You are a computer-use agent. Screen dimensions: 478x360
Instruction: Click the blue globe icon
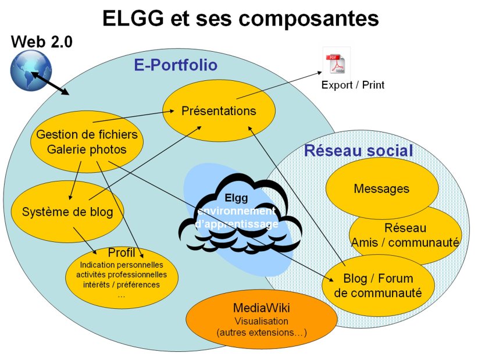(x=31, y=70)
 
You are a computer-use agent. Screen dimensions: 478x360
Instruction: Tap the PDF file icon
(x=336, y=63)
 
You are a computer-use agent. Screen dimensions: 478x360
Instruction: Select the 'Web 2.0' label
(x=42, y=42)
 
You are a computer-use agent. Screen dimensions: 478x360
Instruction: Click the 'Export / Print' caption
(x=353, y=85)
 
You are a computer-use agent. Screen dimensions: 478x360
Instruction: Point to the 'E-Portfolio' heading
(x=176, y=65)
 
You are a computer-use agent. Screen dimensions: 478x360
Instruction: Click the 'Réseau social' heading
(x=358, y=151)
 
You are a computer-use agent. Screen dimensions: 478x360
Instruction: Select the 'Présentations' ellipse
(x=219, y=111)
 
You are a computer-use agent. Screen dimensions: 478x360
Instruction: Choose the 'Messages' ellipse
(x=381, y=188)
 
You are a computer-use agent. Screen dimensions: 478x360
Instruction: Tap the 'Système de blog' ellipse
(x=67, y=212)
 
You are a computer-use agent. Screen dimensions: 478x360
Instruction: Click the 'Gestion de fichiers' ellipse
(x=87, y=142)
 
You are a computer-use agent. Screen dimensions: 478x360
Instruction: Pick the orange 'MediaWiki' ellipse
(x=262, y=319)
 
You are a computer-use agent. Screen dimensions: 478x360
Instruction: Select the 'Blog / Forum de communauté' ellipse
(x=378, y=286)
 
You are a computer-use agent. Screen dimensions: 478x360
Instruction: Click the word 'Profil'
(x=122, y=253)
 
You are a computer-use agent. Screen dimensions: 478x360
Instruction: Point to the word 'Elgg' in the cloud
(x=236, y=198)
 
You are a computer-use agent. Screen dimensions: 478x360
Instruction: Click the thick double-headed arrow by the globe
(x=50, y=83)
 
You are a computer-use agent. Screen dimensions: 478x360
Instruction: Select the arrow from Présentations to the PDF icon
(x=279, y=85)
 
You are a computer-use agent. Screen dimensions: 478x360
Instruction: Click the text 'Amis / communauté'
(x=405, y=243)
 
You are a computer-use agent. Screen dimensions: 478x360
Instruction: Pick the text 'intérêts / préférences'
(x=122, y=285)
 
